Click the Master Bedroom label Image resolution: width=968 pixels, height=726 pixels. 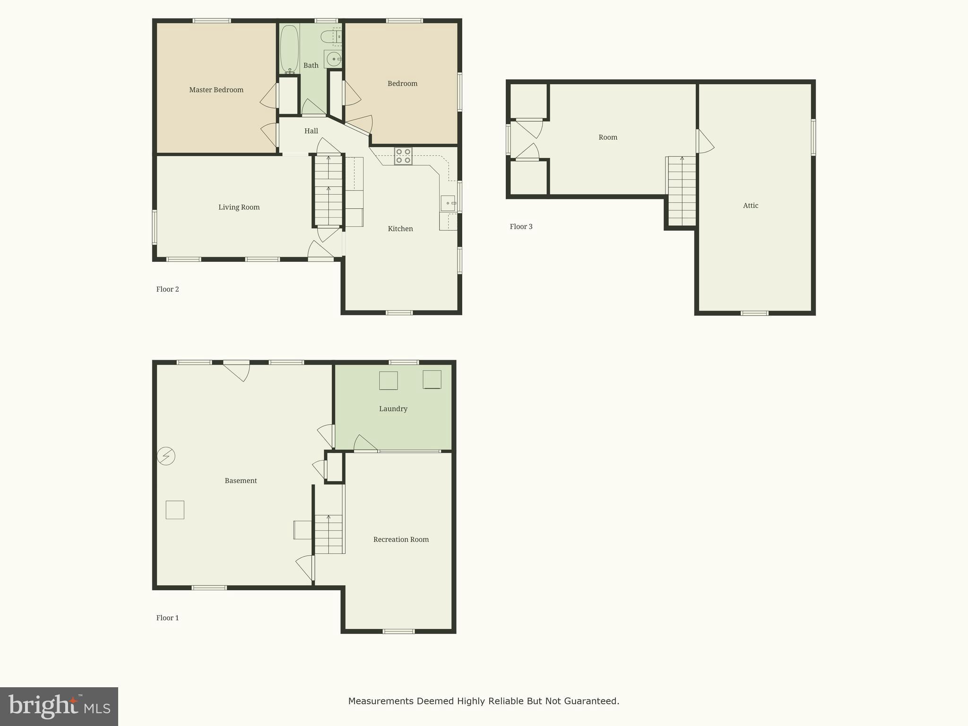[x=216, y=90]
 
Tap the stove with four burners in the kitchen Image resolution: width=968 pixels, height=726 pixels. [x=403, y=156]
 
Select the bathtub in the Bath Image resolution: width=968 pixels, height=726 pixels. [x=289, y=49]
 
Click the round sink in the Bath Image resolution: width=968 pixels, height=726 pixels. [x=333, y=60]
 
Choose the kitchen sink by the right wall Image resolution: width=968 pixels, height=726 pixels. [x=448, y=203]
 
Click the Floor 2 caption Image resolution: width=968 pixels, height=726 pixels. [x=167, y=289]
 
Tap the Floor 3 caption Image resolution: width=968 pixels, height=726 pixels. [x=521, y=226]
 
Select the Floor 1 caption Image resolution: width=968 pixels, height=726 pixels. [x=167, y=618]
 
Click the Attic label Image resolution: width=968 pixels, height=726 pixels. [x=750, y=206]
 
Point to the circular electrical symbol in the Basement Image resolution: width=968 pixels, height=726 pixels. [x=166, y=456]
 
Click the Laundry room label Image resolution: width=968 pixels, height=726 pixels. [x=393, y=409]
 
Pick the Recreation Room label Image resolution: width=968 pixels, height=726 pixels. [x=401, y=539]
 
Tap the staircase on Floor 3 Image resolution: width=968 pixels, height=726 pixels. [x=682, y=191]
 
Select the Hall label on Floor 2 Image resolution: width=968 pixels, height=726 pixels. [x=311, y=131]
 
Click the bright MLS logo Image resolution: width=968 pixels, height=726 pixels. [x=59, y=706]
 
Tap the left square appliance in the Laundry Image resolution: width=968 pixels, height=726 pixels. [x=388, y=380]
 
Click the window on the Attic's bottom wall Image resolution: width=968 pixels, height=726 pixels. [x=754, y=313]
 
